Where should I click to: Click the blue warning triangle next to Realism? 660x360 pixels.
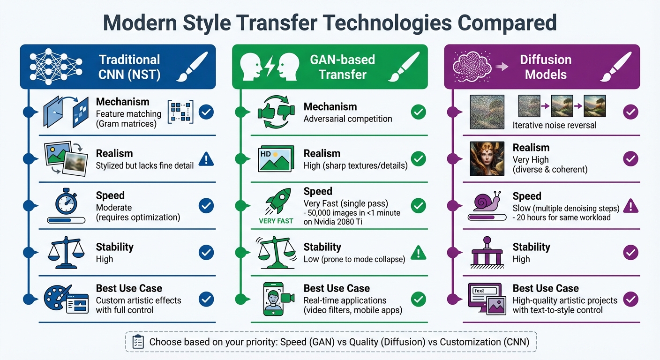(206, 159)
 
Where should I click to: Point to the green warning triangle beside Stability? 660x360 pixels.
(418, 253)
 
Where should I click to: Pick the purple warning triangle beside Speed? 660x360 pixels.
(630, 205)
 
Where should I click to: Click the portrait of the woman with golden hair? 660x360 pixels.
(487, 159)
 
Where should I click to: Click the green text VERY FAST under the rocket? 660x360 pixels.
(276, 221)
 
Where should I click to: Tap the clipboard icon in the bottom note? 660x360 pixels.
(138, 342)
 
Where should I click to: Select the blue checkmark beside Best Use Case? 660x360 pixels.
(206, 299)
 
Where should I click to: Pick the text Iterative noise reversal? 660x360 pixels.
(555, 125)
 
